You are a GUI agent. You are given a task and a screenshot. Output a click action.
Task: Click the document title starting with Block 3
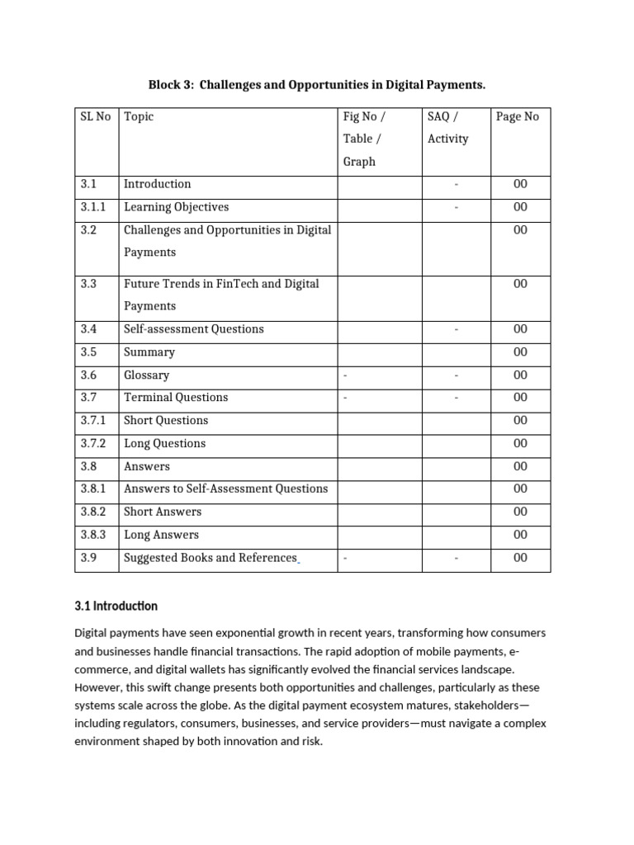point(316,85)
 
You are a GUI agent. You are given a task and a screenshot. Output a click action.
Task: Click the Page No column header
point(518,116)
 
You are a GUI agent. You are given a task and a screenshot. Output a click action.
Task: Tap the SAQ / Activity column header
point(448,128)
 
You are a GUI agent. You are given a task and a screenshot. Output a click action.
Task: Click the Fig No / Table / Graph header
point(360,139)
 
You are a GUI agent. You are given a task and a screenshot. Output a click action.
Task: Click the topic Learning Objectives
point(176,207)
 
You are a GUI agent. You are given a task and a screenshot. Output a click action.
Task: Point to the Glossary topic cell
point(146,375)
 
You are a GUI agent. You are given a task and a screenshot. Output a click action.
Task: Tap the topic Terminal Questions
point(175,397)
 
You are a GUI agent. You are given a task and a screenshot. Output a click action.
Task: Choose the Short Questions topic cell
point(166,420)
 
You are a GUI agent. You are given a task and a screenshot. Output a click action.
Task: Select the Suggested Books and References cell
point(210,558)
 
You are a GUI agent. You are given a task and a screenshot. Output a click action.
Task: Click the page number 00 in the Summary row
point(520,352)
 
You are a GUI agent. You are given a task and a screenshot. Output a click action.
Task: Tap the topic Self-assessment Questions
point(193,328)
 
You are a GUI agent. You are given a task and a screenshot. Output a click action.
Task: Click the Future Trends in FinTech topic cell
point(220,295)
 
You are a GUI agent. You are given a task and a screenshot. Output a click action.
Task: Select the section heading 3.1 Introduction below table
point(116,606)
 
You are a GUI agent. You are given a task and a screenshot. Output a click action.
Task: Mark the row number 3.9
point(88,558)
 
